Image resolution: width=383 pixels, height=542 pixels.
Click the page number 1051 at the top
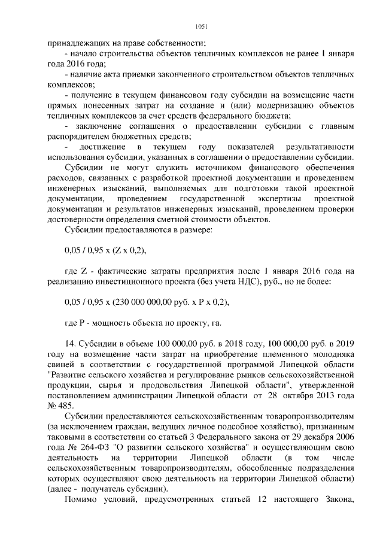[201, 26]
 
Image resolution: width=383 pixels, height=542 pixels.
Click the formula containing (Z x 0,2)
[105, 251]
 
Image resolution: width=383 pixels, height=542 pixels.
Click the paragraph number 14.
[69, 345]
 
